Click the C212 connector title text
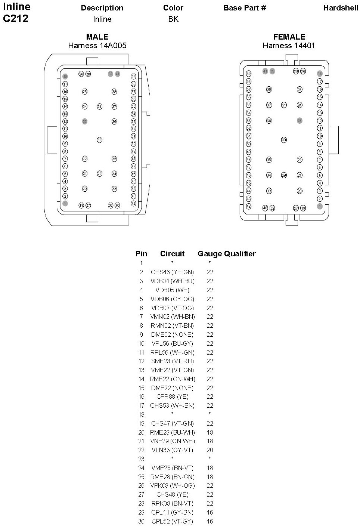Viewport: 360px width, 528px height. tap(16, 19)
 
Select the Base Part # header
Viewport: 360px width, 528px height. tap(245, 8)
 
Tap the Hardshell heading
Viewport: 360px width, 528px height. tap(341, 8)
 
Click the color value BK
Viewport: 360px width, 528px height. tap(173, 19)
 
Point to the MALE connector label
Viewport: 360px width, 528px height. tap(97, 37)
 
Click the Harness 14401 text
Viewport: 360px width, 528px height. tap(289, 46)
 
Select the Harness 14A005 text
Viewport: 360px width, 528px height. tap(97, 46)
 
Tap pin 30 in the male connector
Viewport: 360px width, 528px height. tap(99, 140)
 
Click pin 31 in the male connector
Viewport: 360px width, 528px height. tap(99, 106)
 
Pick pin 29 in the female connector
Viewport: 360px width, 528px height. tap(284, 175)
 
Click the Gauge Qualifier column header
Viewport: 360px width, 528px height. tap(226, 254)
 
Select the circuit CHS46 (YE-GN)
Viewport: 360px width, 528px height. tap(172, 272)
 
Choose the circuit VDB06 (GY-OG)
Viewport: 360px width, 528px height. tap(172, 299)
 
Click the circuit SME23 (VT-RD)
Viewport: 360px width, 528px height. tap(172, 361)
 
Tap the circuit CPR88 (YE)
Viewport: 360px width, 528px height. tap(172, 396)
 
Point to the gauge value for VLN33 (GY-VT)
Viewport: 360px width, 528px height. tap(210, 450)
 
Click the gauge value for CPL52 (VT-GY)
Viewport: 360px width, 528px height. tap(210, 521)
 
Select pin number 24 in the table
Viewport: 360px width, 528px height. tap(141, 468)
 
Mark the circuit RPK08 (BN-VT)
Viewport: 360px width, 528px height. tap(172, 503)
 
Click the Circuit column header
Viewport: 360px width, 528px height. tap(172, 254)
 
